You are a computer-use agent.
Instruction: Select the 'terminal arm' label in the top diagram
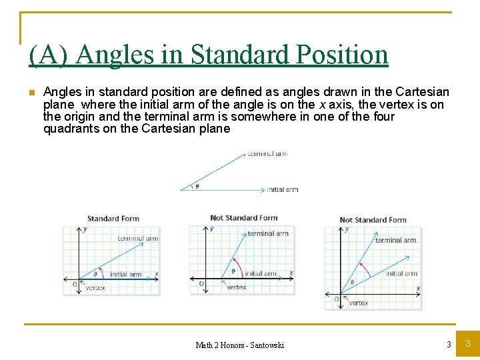[x=267, y=154]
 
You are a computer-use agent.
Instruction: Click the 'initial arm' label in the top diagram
[x=282, y=190]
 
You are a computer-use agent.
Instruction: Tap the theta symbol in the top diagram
[x=197, y=186]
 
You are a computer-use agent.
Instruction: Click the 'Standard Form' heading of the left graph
[x=113, y=219]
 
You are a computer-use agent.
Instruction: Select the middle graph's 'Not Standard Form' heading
[x=243, y=218]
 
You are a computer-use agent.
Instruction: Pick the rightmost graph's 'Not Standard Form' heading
[x=373, y=220]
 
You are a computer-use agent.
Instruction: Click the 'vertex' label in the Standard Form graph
[x=95, y=288]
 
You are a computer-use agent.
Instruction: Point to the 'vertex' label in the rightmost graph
[x=358, y=303]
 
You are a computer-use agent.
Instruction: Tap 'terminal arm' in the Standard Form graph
[x=138, y=239]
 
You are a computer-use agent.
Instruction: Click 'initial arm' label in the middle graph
[x=261, y=273]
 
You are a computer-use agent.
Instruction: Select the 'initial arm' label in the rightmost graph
[x=401, y=273]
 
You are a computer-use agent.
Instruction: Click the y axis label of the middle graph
[x=211, y=229]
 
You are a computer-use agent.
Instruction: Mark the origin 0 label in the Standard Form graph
[x=75, y=285]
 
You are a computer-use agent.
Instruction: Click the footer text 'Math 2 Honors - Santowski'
[x=239, y=345]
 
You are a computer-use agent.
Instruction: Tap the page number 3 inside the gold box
[x=467, y=344]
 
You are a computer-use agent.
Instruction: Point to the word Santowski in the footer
[x=267, y=345]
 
